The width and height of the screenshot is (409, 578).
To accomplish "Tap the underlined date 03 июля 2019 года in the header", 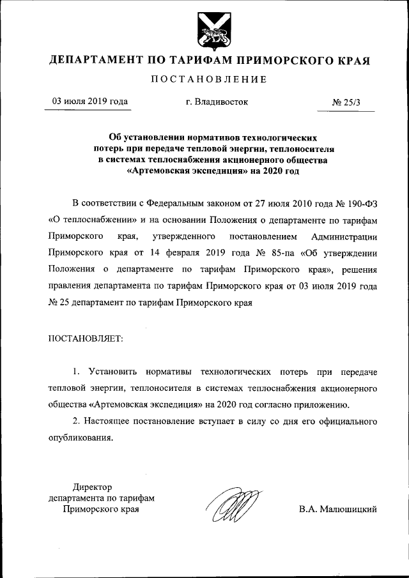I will coord(89,102).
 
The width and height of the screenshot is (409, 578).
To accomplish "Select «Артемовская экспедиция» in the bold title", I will coord(185,171).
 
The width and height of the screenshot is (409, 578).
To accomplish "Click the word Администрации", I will coord(347,237).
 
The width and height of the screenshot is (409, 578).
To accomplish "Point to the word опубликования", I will coord(81,437).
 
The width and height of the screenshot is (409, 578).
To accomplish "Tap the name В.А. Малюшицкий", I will coord(338,509).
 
